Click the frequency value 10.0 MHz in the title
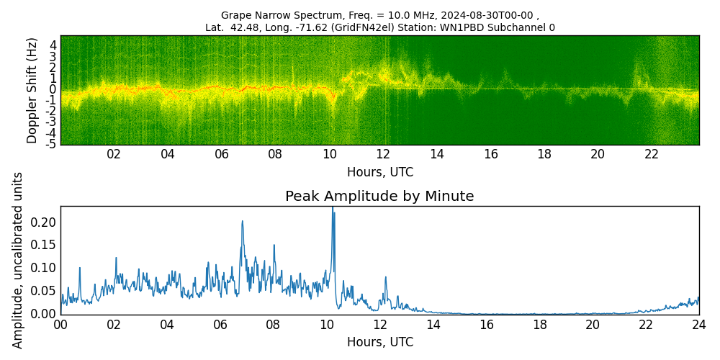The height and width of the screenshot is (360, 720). (x=396, y=15)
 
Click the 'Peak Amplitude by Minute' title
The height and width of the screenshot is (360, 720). (x=379, y=197)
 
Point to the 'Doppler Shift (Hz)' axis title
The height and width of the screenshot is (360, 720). (x=32, y=91)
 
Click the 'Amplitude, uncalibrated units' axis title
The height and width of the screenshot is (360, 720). (x=18, y=260)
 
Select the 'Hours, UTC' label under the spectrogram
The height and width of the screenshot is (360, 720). (x=379, y=173)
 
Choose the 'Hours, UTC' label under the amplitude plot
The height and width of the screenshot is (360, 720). (x=379, y=342)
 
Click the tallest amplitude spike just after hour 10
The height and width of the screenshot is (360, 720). (x=333, y=209)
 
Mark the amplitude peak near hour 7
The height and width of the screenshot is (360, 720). (x=242, y=222)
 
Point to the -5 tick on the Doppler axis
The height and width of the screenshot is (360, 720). (x=51, y=144)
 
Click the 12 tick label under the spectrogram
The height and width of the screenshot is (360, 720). (x=383, y=154)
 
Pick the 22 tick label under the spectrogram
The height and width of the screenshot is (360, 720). (x=652, y=154)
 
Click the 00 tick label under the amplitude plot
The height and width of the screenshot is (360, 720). (x=60, y=325)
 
